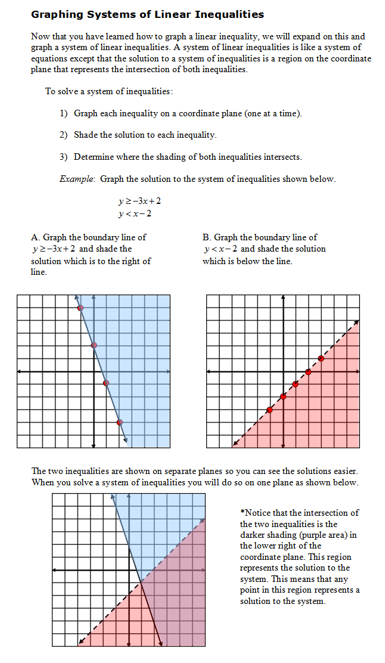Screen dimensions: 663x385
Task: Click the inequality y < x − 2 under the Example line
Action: tap(135, 213)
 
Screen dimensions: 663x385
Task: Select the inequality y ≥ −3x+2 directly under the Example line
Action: tap(139, 202)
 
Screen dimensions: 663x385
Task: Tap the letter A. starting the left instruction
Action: tap(35, 237)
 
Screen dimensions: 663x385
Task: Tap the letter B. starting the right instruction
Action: tap(206, 237)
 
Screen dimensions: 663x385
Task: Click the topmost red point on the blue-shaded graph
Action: tap(80, 308)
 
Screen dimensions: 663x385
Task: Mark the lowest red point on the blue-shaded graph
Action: tap(120, 422)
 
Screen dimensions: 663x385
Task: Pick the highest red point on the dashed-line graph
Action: tap(321, 358)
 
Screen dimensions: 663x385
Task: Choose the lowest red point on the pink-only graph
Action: tap(269, 410)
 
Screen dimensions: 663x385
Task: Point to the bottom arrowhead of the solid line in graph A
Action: tap(126, 442)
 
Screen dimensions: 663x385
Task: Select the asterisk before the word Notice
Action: tap(243, 513)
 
